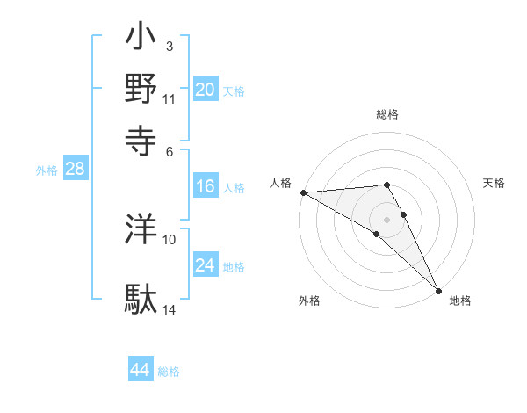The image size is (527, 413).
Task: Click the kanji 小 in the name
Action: [141, 40]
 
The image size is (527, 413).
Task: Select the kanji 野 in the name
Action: [141, 91]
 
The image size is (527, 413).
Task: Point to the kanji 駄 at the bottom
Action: [141, 300]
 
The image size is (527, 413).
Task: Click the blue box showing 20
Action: [206, 90]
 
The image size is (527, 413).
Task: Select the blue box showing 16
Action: [206, 186]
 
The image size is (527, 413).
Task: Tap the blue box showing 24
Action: [206, 265]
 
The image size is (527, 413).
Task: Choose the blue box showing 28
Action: [75, 170]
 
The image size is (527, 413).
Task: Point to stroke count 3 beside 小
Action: [169, 47]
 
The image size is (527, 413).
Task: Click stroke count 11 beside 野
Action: [170, 98]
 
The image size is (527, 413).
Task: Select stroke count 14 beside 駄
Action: [170, 309]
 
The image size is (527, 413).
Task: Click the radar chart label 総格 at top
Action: [387, 114]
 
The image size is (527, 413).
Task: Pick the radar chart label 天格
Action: [494, 183]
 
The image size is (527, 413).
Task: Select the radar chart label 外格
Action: [309, 301]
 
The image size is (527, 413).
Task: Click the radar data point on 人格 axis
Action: [303, 192]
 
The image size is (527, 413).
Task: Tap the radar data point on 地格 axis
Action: [438, 289]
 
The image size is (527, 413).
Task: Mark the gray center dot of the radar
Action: [387, 219]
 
